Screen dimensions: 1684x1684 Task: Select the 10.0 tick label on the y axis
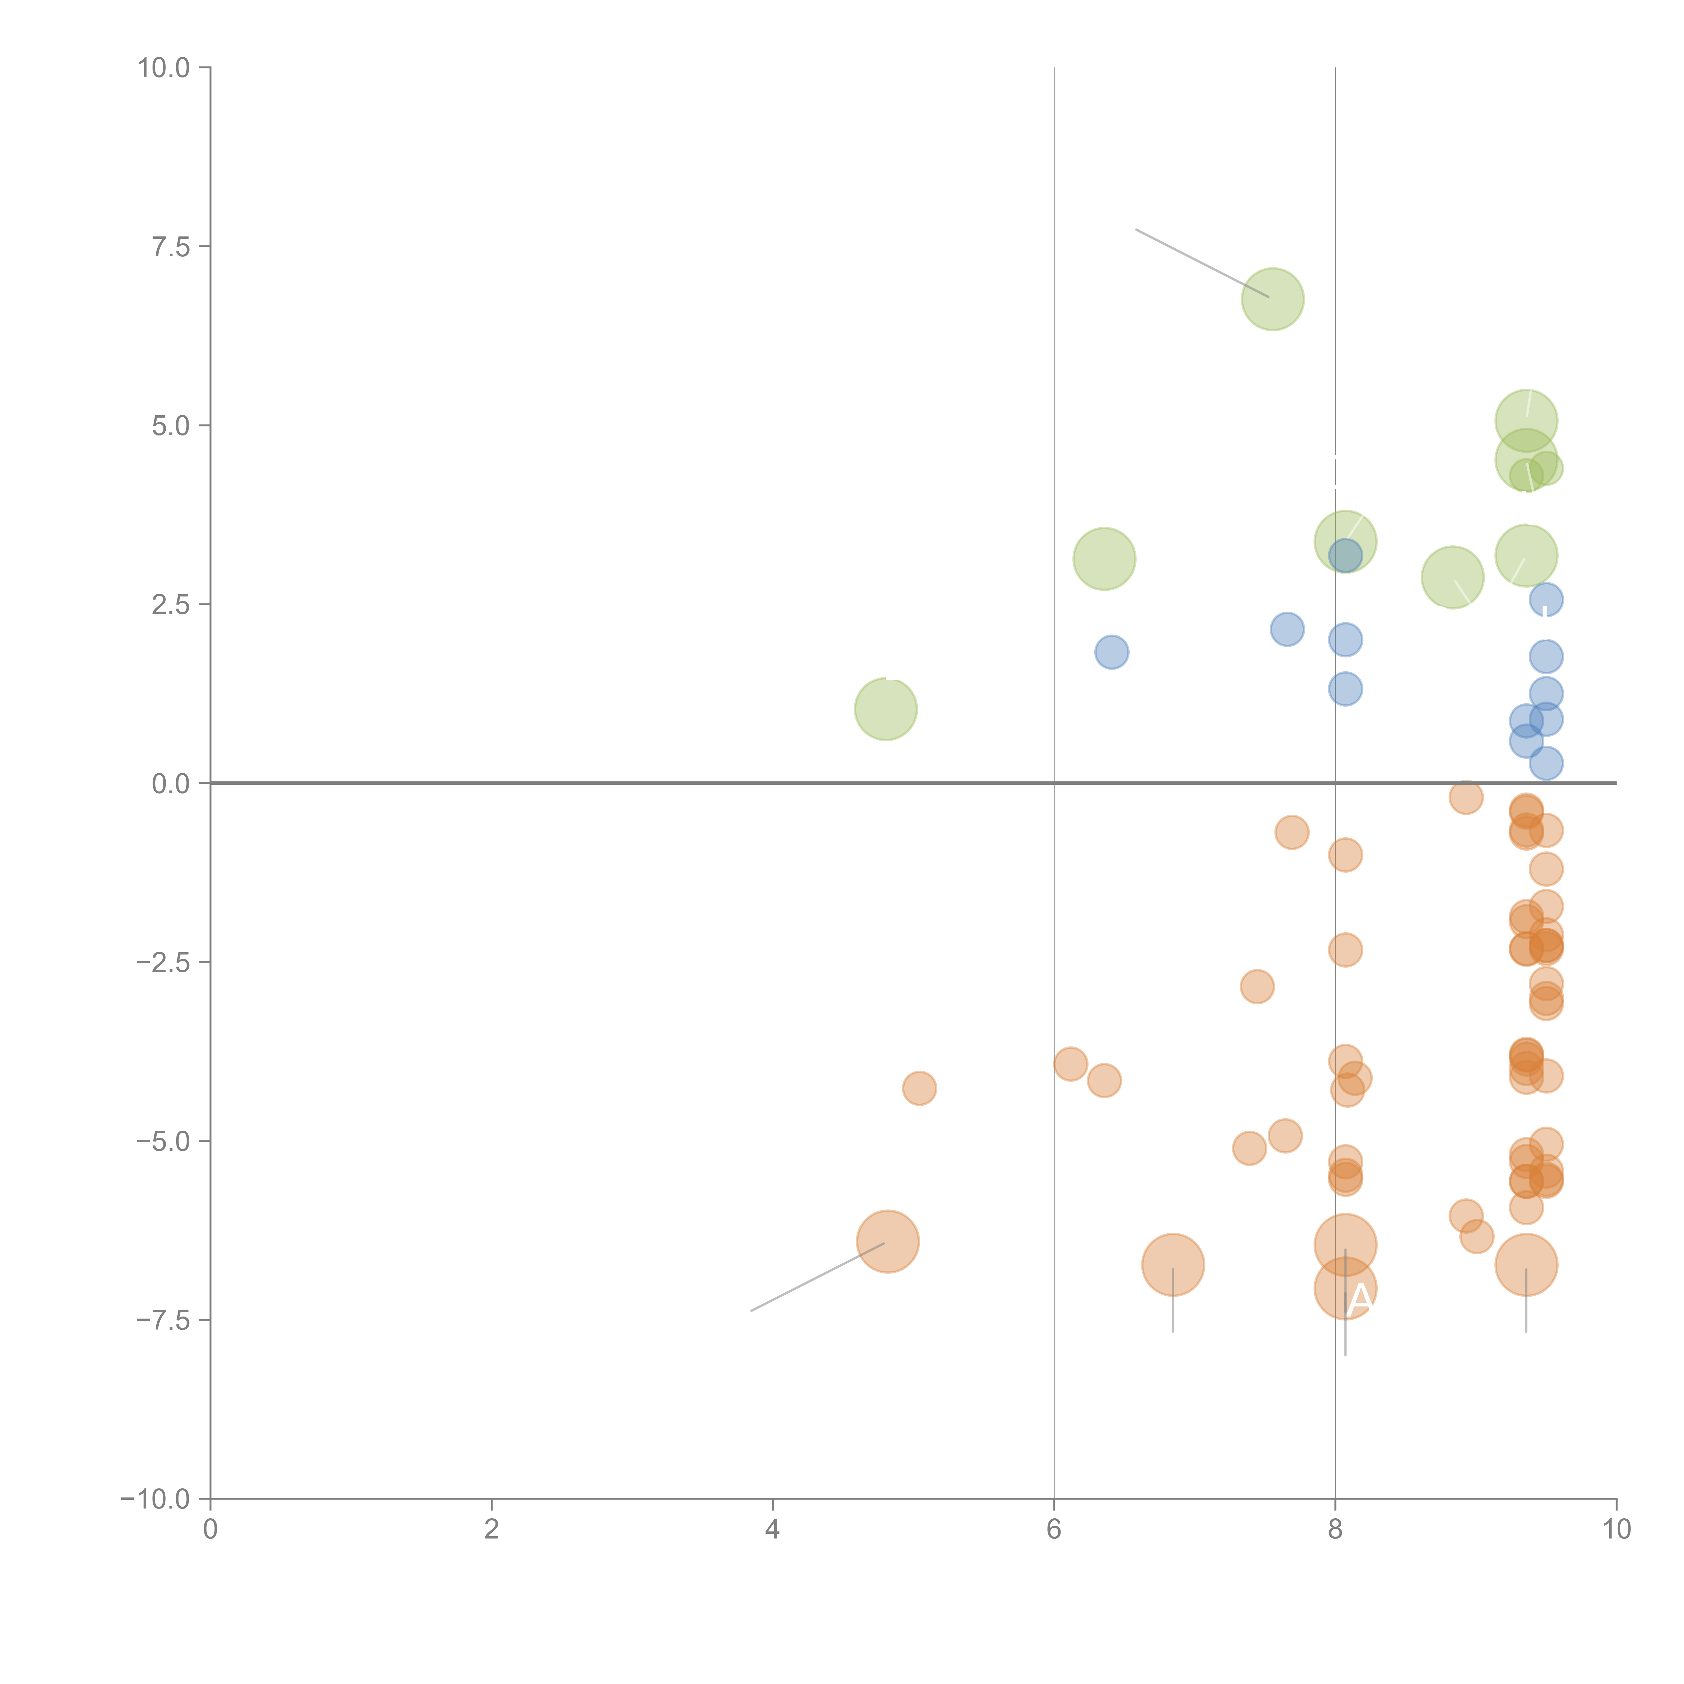(164, 68)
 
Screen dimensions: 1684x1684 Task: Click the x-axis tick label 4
(772, 1530)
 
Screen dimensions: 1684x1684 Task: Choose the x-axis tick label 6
(1054, 1530)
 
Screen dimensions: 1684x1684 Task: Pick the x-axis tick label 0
(210, 1530)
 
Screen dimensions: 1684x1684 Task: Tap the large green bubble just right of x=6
(1104, 559)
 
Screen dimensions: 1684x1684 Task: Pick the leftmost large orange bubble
(887, 1241)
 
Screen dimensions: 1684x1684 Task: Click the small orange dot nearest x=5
(919, 1088)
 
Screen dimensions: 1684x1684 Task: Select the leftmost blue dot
(1111, 652)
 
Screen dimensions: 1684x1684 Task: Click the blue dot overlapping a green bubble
(1345, 555)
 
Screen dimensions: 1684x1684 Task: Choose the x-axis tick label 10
(1616, 1530)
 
